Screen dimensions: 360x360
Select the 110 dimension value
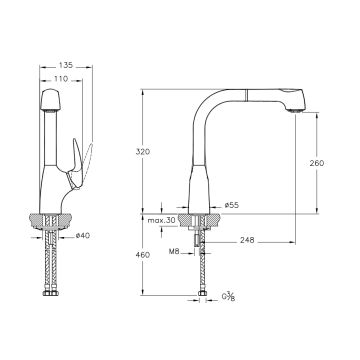point(62,79)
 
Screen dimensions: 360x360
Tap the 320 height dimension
point(143,152)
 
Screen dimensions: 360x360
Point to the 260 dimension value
point(317,163)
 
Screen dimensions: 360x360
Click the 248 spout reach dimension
point(247,240)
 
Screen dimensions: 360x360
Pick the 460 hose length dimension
point(143,255)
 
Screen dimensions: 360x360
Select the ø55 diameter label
point(232,205)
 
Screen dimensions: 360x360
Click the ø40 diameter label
point(83,236)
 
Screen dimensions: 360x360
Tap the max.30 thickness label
point(162,220)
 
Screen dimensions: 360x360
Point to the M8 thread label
point(174,252)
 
